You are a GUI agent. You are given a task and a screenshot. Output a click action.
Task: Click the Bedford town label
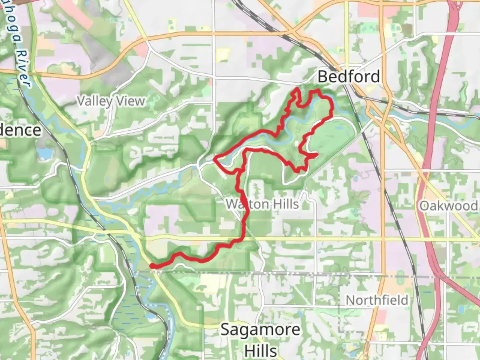coord(349,77)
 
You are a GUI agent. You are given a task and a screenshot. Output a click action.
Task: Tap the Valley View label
coord(111,101)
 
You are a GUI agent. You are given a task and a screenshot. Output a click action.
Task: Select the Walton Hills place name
coord(262,204)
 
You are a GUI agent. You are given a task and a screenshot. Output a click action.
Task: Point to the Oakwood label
coord(449,206)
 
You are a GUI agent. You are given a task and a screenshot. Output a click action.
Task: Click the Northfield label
coord(377,300)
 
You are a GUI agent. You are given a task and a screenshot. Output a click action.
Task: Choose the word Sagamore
coord(260,330)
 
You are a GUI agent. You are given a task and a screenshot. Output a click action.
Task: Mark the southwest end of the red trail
coord(152,266)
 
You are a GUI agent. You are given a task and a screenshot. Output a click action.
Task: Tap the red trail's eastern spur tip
coord(316,154)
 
